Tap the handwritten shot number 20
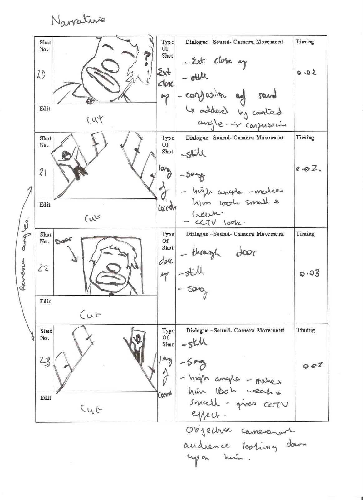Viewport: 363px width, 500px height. (42, 75)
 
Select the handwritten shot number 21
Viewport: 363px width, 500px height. (43, 172)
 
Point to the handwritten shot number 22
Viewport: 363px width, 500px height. (43, 268)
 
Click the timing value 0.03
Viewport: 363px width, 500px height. (309, 274)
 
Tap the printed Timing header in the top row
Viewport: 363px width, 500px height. (305, 42)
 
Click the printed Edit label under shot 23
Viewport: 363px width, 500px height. (45, 398)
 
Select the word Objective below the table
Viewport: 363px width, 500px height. (208, 431)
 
